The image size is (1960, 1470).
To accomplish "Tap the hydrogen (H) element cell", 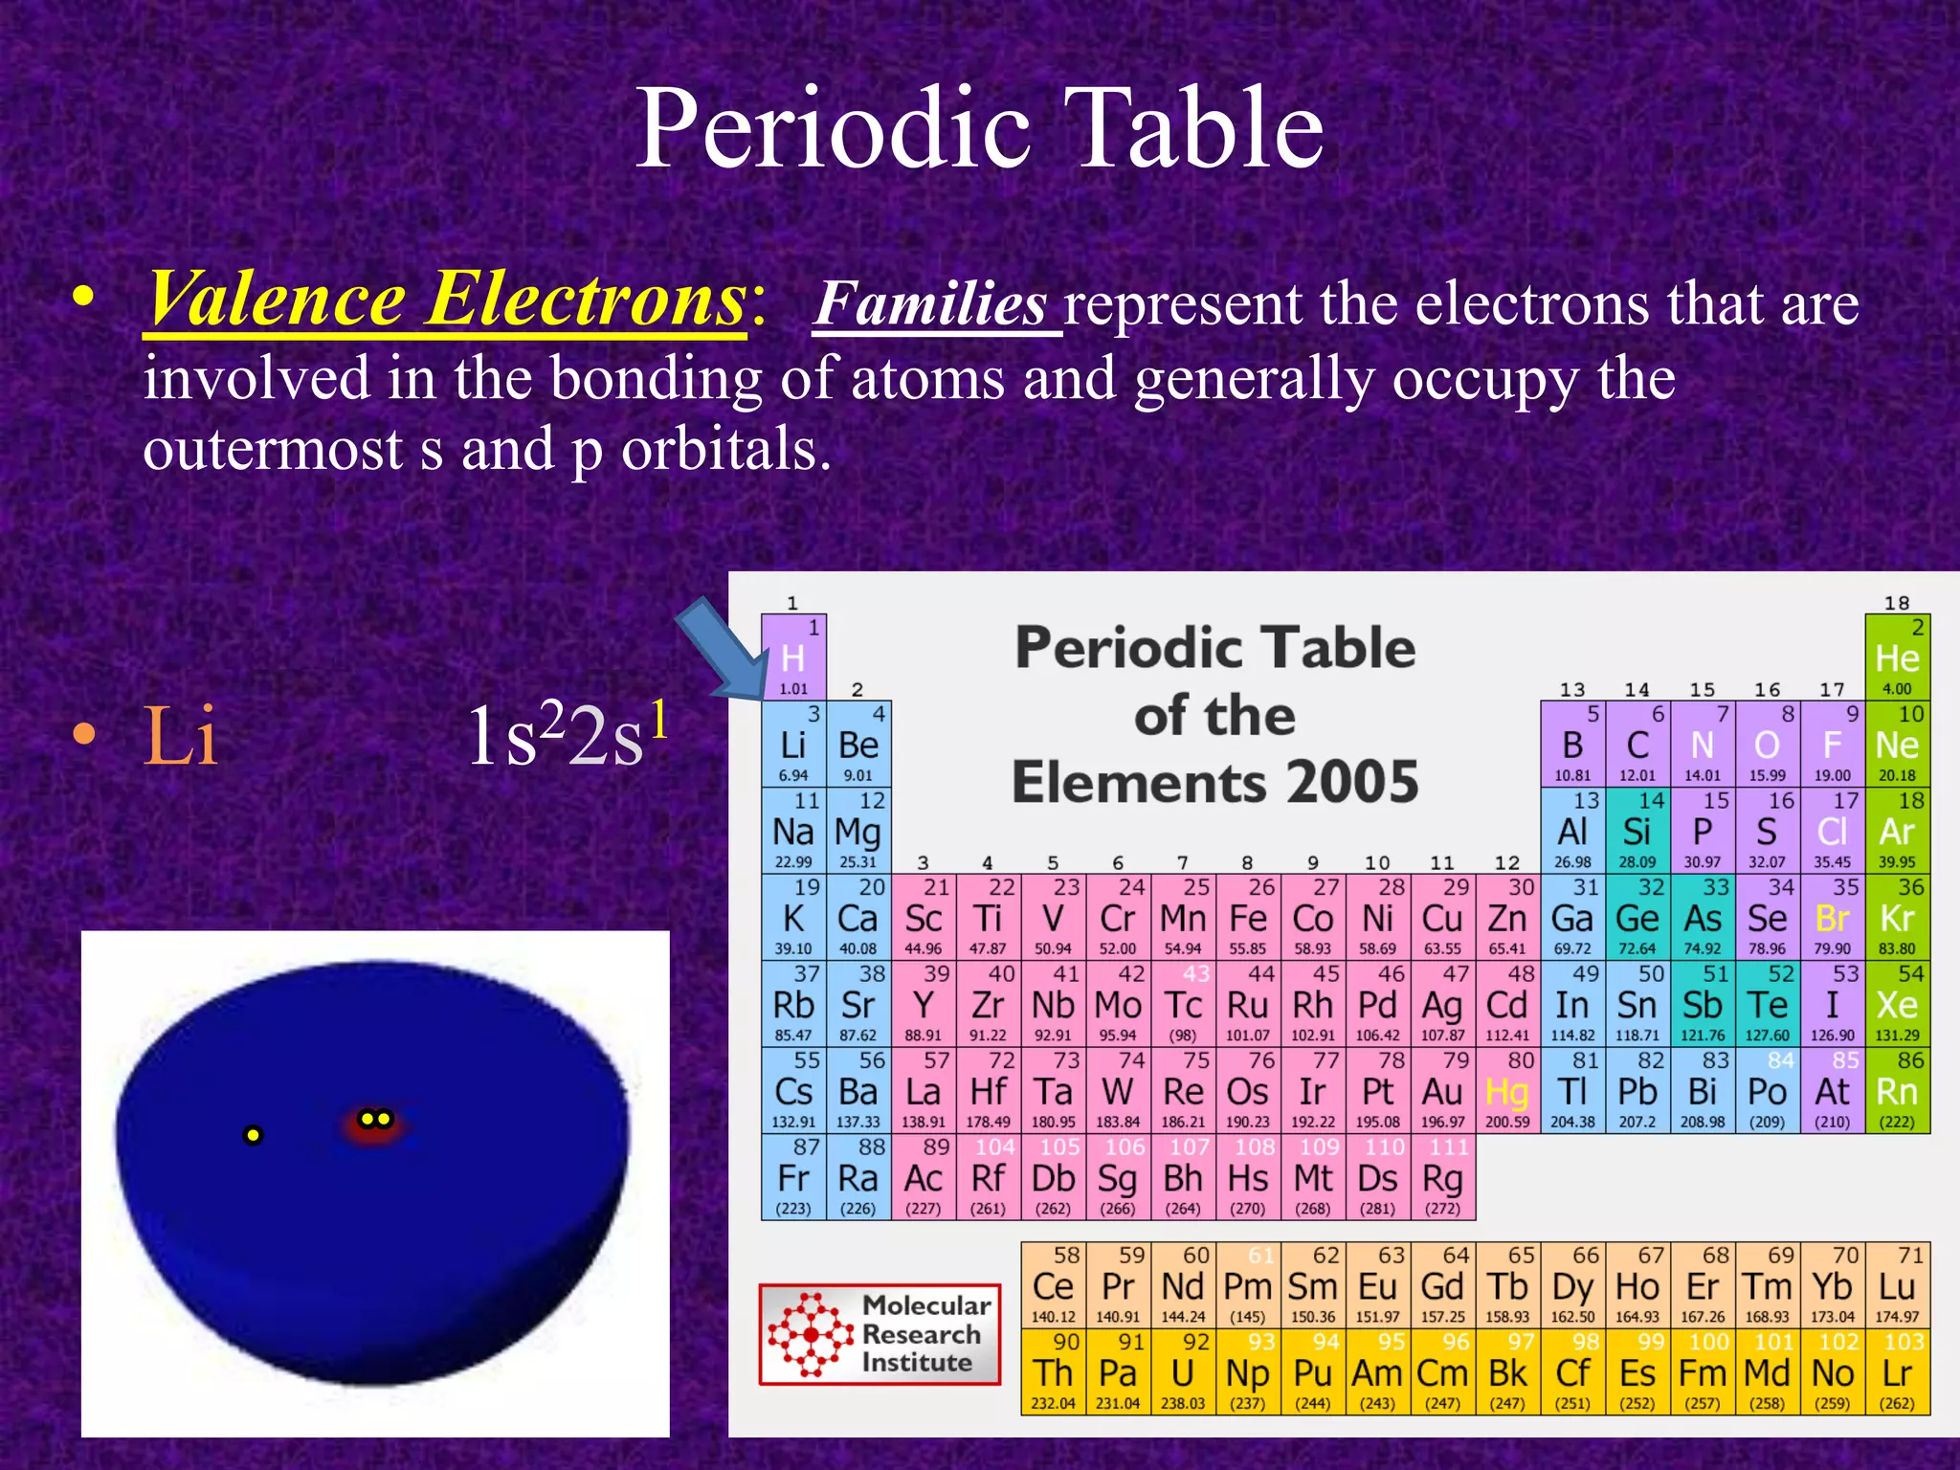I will pyautogui.click(x=793, y=657).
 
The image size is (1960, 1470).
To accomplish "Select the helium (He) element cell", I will pyautogui.click(x=1897, y=657).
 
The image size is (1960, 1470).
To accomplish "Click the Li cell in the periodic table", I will pyautogui.click(x=793, y=745).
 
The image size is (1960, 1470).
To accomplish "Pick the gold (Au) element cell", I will pyautogui.click(x=1442, y=1091).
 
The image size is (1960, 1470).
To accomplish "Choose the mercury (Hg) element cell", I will pyautogui.click(x=1507, y=1091).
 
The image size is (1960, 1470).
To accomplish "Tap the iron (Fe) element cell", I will pyautogui.click(x=1248, y=918).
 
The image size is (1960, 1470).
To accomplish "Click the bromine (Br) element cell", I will pyautogui.click(x=1832, y=918).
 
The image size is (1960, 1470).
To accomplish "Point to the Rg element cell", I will pyautogui.click(x=1442, y=1178).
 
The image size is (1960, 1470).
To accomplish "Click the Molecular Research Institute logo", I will pyautogui.click(x=880, y=1334).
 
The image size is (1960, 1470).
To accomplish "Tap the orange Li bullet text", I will pyautogui.click(x=180, y=735).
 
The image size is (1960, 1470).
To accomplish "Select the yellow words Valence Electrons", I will pyautogui.click(x=446, y=301).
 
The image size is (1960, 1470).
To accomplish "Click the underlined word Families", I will pyautogui.click(x=932, y=304).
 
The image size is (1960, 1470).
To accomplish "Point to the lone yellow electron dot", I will pyautogui.click(x=253, y=1135).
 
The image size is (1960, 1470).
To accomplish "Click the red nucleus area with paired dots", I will pyautogui.click(x=375, y=1121).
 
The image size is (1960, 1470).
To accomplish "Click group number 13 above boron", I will pyautogui.click(x=1571, y=690).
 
